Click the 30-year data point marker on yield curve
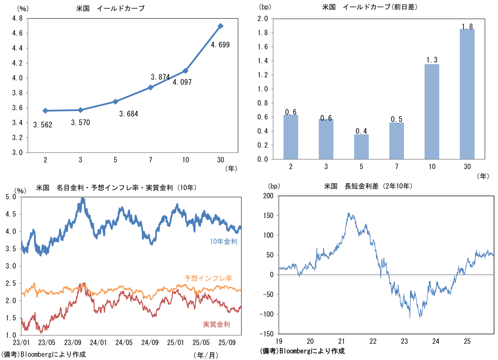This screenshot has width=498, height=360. click(x=220, y=26)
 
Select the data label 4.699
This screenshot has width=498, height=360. click(x=220, y=45)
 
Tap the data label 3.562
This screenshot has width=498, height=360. click(x=43, y=125)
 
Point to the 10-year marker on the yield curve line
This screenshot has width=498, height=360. click(x=185, y=71)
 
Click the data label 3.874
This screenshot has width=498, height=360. click(x=160, y=77)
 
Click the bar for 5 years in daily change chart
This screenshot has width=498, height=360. click(x=362, y=147)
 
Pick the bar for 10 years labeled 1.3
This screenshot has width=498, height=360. click(x=432, y=111)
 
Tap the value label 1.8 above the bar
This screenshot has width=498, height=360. click(x=467, y=27)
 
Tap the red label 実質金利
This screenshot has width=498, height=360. click(x=216, y=324)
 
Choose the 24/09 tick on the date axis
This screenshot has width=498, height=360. click(x=150, y=343)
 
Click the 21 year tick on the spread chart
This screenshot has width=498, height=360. click(x=342, y=341)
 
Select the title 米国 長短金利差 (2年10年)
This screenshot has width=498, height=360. click(x=368, y=186)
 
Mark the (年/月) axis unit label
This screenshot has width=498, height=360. click(x=205, y=355)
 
